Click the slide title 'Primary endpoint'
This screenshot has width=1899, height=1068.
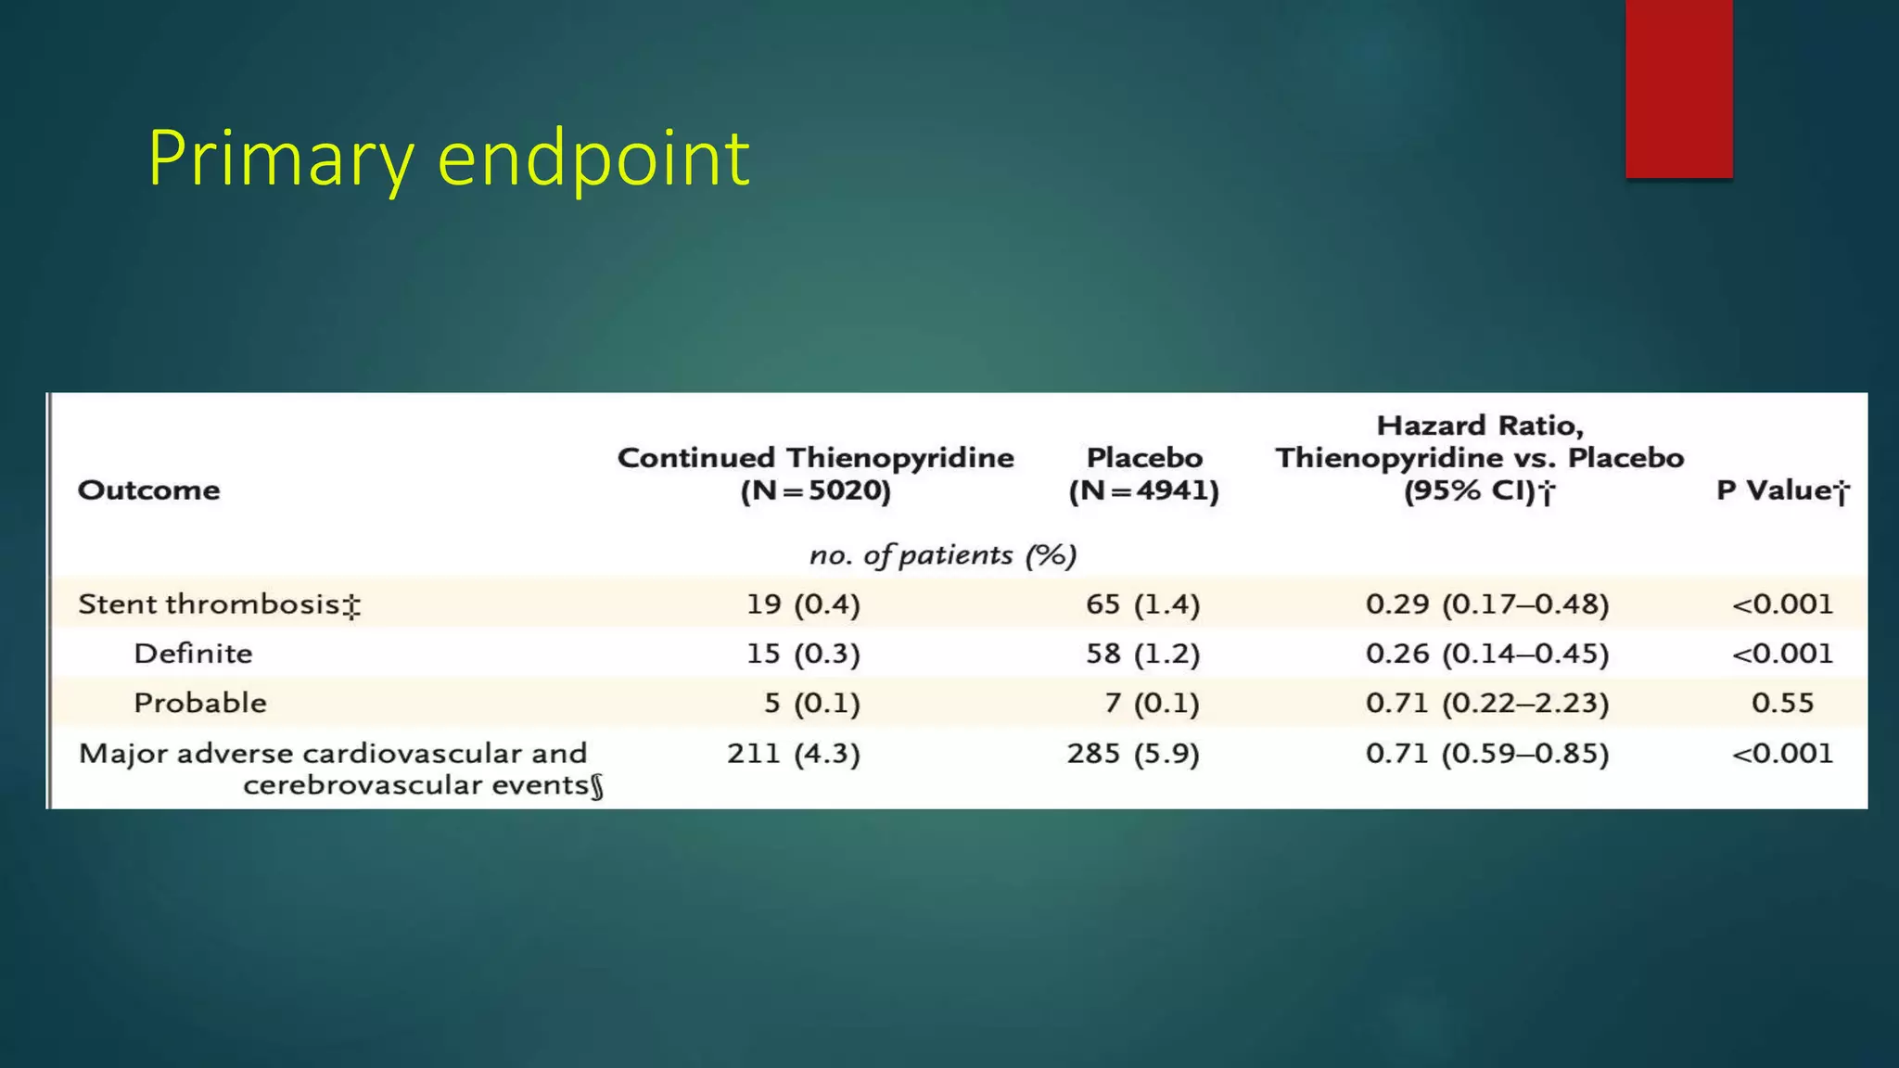pyautogui.click(x=448, y=159)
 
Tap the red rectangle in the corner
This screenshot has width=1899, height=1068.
pyautogui.click(x=1678, y=88)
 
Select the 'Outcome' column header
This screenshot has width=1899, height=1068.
pyautogui.click(x=148, y=489)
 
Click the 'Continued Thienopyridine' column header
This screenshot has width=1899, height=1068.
pyautogui.click(x=815, y=473)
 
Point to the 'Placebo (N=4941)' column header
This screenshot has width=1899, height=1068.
pyautogui.click(x=1143, y=473)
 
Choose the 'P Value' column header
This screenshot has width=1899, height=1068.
pyautogui.click(x=1781, y=490)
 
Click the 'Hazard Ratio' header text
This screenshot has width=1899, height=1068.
pyautogui.click(x=1480, y=426)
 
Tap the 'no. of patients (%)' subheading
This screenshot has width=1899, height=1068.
pyautogui.click(x=942, y=554)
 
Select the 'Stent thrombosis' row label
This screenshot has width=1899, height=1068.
pyautogui.click(x=219, y=604)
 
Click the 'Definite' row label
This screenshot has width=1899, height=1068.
pyautogui.click(x=193, y=654)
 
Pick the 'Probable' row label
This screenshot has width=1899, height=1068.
pyautogui.click(x=199, y=703)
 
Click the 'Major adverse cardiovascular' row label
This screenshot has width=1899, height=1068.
pyautogui.click(x=333, y=753)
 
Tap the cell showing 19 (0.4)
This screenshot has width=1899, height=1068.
pyautogui.click(x=803, y=604)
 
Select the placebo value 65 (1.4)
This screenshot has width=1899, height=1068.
pyautogui.click(x=1142, y=604)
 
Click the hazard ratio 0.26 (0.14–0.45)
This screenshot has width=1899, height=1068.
pyautogui.click(x=1486, y=654)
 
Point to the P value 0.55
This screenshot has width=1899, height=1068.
pyautogui.click(x=1782, y=703)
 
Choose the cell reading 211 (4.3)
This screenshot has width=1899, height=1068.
pyautogui.click(x=793, y=753)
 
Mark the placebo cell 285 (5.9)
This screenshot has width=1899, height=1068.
pyautogui.click(x=1132, y=753)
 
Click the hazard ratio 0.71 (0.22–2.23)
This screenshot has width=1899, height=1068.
pyautogui.click(x=1486, y=703)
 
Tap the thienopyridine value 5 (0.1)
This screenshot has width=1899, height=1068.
pyautogui.click(x=811, y=703)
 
